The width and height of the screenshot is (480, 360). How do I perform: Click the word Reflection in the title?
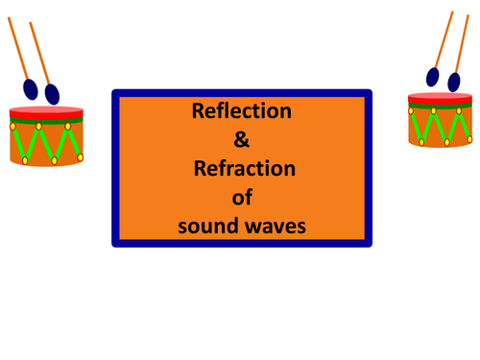tap(242, 110)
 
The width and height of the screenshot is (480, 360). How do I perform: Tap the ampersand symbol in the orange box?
tap(242, 139)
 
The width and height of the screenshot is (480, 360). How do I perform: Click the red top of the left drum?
tap(45, 109)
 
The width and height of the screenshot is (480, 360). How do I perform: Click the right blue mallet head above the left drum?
tap(52, 93)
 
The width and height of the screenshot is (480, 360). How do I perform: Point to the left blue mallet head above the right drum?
tap(433, 76)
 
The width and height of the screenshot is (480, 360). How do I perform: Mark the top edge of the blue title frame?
tap(242, 93)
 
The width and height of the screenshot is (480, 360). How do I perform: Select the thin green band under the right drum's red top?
tap(443, 106)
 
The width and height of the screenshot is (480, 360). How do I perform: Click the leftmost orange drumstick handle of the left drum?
tap(17, 48)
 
